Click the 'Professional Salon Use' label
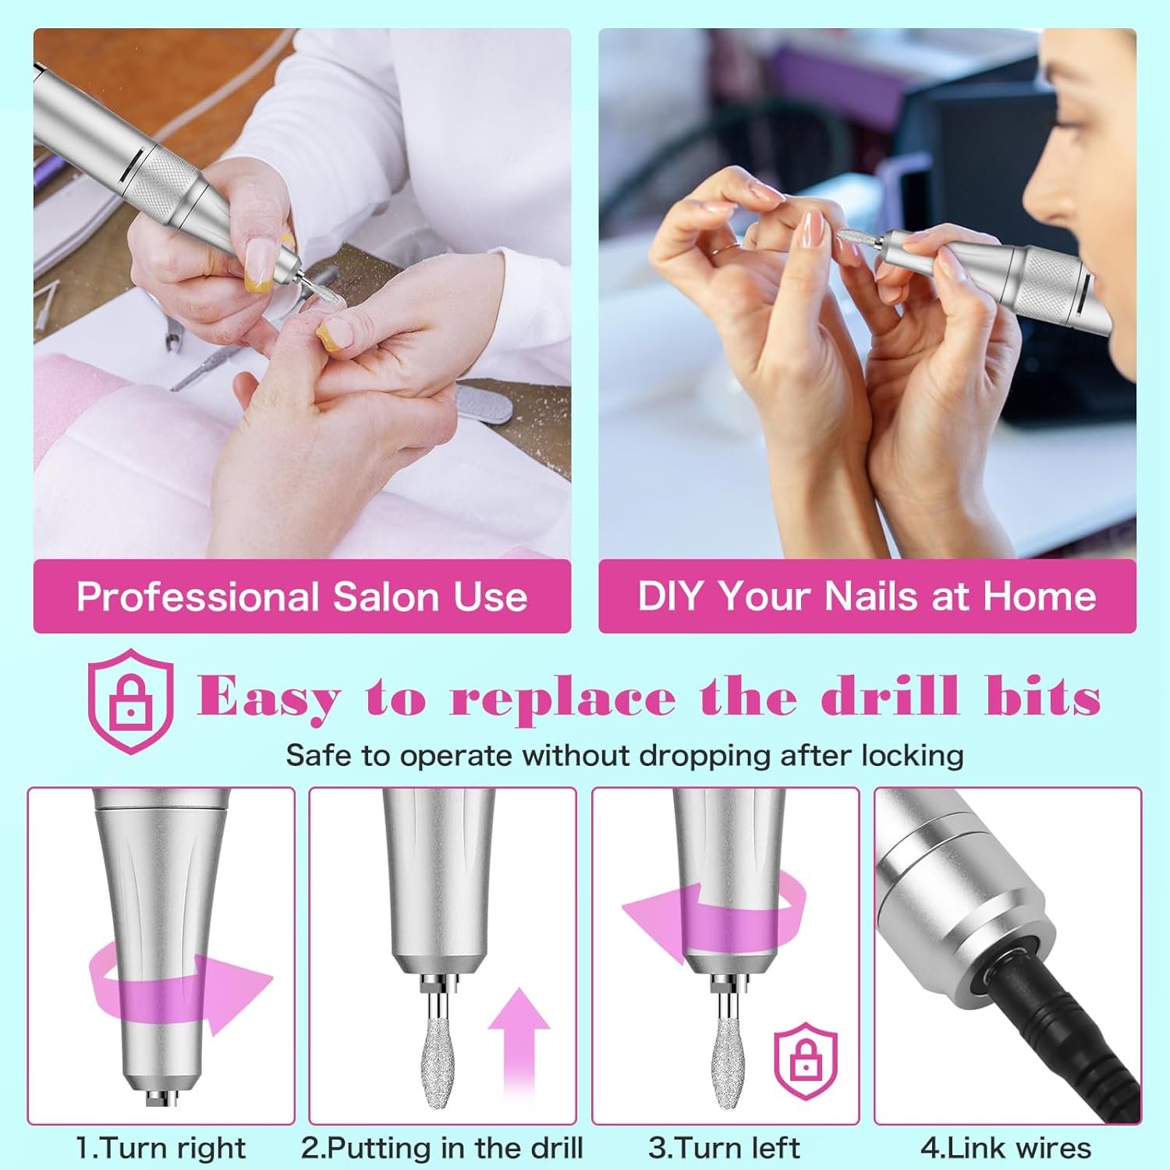point(302,597)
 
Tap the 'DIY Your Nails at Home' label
point(867,596)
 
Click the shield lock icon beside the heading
point(130,700)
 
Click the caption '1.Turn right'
point(161,1148)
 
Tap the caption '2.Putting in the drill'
point(442,1148)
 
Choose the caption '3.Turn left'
point(724,1148)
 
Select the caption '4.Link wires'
point(1005,1148)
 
